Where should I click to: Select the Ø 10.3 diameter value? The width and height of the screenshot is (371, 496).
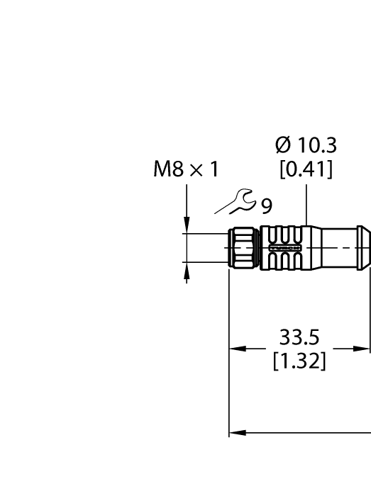pyautogui.click(x=306, y=147)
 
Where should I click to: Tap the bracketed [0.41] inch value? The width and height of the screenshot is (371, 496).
pyautogui.click(x=306, y=171)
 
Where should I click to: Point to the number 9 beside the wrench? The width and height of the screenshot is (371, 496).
pyautogui.click(x=266, y=206)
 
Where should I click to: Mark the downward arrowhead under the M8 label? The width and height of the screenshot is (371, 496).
pyautogui.click(x=187, y=227)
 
